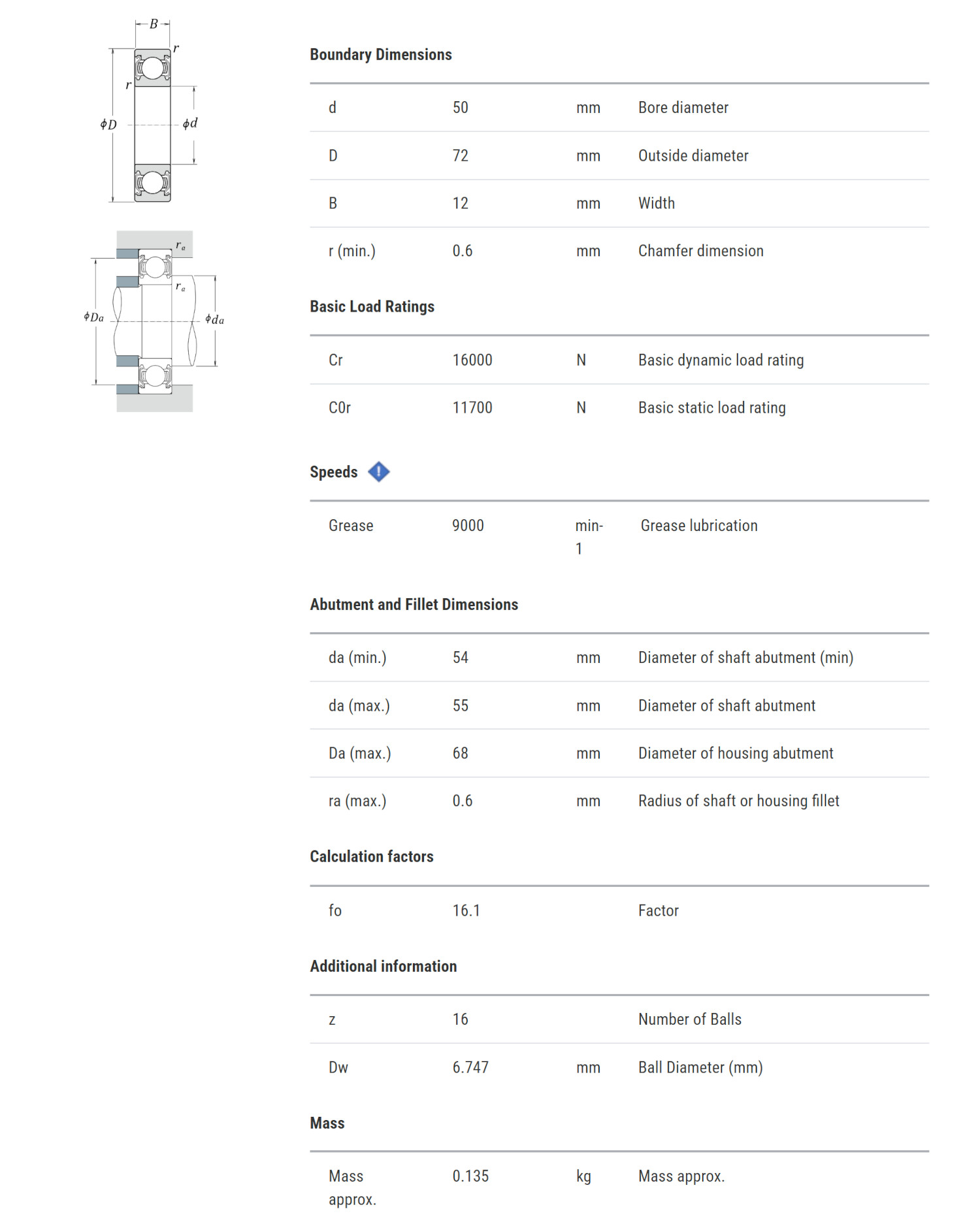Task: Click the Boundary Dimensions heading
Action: (x=380, y=55)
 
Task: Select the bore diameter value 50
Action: (x=460, y=108)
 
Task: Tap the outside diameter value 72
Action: (x=460, y=156)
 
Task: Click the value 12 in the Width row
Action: (x=460, y=204)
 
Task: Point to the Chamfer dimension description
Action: (x=700, y=251)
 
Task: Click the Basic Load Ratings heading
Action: (x=372, y=307)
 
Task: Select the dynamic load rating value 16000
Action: (x=472, y=361)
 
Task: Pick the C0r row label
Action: (x=339, y=408)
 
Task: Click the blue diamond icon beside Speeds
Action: (x=379, y=472)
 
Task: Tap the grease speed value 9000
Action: (x=468, y=526)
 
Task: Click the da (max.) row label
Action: (x=359, y=706)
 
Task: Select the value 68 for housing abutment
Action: (x=460, y=754)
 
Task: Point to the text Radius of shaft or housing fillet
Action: (x=738, y=801)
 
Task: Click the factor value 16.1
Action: (x=466, y=911)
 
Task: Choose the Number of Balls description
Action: (x=689, y=1020)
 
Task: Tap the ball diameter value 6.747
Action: (x=470, y=1068)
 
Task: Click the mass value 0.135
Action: (x=470, y=1176)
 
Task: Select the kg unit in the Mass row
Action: (x=583, y=1176)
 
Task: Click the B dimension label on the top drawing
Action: (x=154, y=24)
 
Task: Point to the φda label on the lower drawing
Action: (x=214, y=319)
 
